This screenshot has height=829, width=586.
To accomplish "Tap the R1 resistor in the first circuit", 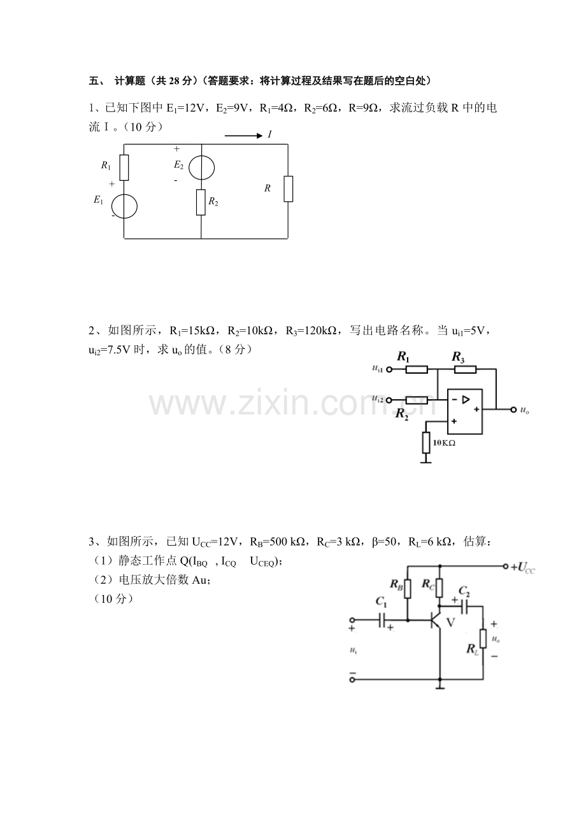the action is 124,167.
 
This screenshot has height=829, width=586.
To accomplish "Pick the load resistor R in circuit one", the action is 288,188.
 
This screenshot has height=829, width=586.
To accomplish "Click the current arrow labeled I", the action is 243,136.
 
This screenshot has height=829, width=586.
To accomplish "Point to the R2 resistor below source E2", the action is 201,202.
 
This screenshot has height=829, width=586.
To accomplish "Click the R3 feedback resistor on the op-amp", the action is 465,369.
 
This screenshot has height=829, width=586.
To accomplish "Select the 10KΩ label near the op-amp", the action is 444,443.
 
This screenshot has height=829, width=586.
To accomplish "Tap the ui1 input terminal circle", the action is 389,369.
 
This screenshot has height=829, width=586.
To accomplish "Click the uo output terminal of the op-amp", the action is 513,409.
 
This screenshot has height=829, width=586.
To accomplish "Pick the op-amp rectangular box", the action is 464,411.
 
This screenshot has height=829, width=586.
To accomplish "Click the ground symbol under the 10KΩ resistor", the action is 425,462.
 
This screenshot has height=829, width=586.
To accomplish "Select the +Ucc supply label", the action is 523,567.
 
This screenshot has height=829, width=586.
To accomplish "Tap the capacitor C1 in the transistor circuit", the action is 382,620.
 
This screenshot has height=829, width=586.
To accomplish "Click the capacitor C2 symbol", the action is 464,606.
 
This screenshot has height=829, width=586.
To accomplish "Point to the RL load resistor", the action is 483,639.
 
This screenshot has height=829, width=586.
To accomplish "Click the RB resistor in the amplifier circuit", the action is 408,588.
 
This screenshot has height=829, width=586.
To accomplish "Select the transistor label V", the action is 450,622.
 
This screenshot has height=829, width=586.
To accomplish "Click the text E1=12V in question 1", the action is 185,108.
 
